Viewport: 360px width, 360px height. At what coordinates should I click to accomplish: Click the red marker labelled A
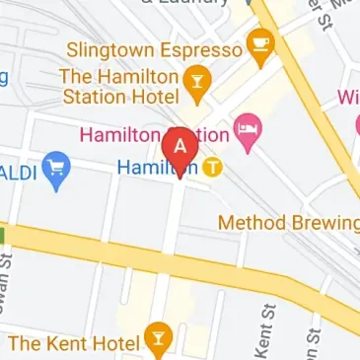pos(180,147)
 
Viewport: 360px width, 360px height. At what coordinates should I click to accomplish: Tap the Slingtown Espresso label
pos(154,49)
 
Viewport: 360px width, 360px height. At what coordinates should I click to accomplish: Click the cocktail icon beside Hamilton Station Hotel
pos(196,85)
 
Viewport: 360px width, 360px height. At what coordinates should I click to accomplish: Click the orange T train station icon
pos(212,169)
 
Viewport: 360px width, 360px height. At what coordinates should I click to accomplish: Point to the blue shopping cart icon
pos(58,170)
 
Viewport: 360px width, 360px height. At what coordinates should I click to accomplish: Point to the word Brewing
pos(323,223)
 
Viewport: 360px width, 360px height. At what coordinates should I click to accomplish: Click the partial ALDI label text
pos(19,171)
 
